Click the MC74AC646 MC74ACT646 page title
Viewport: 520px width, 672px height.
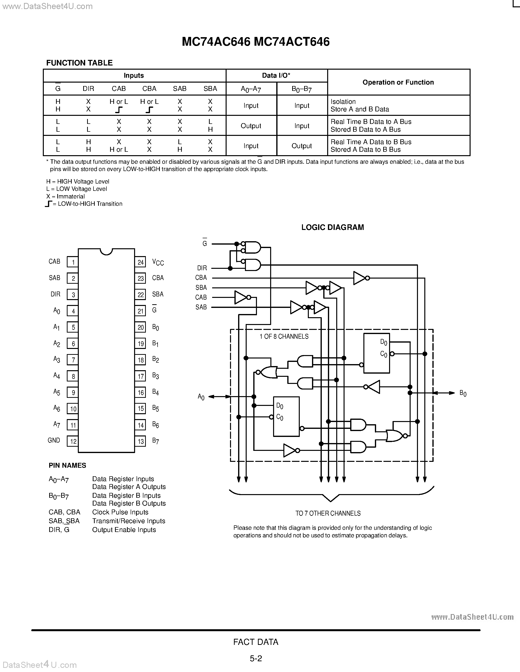(x=255, y=42)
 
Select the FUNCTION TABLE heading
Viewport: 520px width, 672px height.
(x=79, y=63)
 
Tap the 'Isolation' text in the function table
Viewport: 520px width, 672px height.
(x=343, y=102)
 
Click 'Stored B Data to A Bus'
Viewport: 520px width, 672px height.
(x=365, y=130)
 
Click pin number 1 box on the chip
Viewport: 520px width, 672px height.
(x=73, y=262)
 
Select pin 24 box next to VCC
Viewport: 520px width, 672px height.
(x=140, y=262)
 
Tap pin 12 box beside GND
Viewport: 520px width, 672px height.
(x=73, y=441)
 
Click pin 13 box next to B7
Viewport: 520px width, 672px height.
(x=140, y=441)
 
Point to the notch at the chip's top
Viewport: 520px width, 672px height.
(x=106, y=251)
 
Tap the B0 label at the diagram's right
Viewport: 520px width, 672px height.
(x=463, y=393)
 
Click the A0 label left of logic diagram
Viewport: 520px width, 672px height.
(x=201, y=397)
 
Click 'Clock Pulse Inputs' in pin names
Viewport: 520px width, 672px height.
(x=120, y=512)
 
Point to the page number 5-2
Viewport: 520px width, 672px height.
(x=256, y=659)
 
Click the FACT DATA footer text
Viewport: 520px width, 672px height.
(x=256, y=642)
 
